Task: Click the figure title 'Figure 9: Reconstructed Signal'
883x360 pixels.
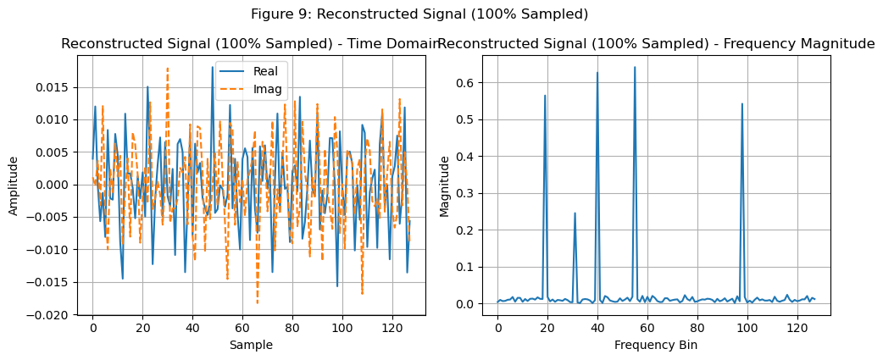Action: point(419,14)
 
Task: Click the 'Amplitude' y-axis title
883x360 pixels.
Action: point(14,185)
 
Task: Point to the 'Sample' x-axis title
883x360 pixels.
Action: point(252,346)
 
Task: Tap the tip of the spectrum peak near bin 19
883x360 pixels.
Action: point(545,96)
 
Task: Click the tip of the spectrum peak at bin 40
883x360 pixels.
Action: point(597,72)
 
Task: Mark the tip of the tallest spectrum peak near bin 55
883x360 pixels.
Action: point(635,67)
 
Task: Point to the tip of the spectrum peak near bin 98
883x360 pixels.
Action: point(742,104)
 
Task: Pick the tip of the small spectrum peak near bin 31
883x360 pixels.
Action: point(575,213)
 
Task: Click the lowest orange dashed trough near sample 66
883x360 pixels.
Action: point(258,303)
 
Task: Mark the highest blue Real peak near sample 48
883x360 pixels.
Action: point(213,67)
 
